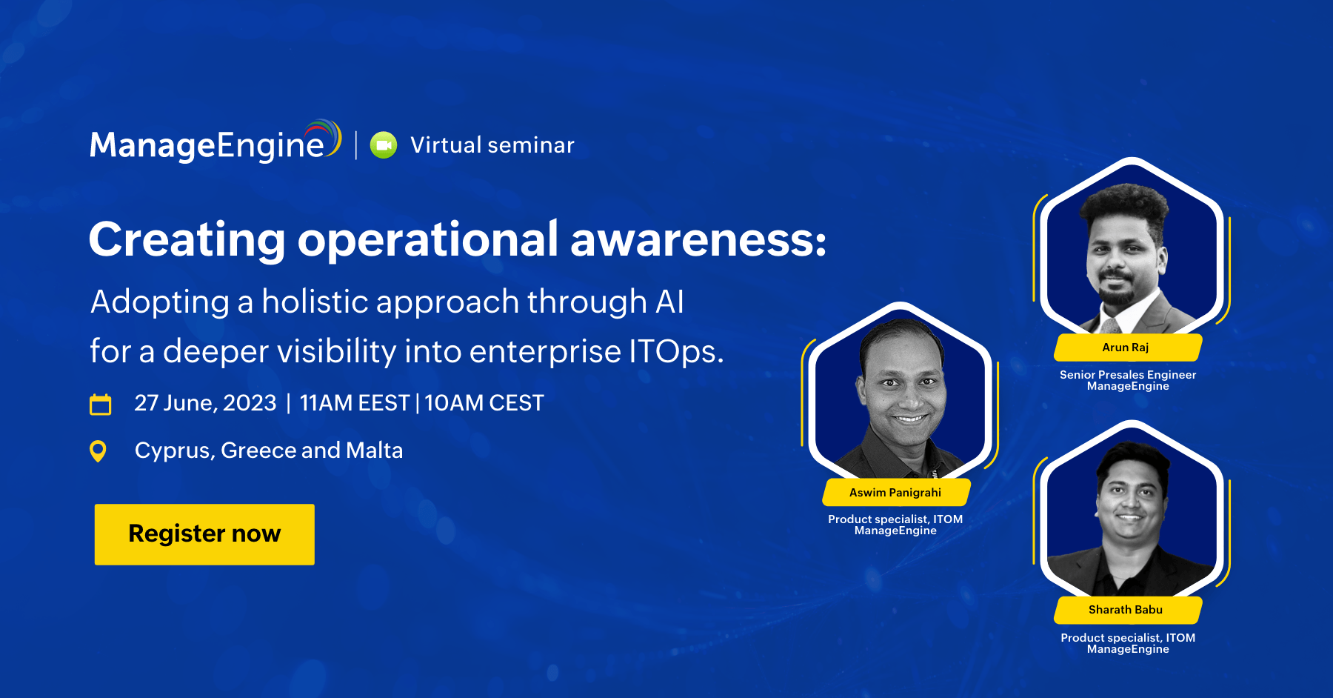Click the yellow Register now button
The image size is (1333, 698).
[204, 534]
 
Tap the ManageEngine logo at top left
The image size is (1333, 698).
[216, 142]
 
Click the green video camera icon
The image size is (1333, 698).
[384, 145]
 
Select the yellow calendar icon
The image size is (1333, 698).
[100, 404]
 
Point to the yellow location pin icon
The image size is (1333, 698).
[98, 451]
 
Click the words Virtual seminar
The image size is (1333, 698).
[492, 145]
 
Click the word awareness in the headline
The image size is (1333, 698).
[698, 239]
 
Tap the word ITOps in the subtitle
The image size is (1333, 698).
[675, 351]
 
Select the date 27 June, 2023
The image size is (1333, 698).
[205, 403]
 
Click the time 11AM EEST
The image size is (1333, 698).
[355, 403]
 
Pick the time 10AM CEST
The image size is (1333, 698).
[484, 403]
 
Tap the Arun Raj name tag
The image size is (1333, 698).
[1126, 348]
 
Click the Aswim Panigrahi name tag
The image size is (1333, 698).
[896, 493]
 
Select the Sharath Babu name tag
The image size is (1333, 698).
[1126, 610]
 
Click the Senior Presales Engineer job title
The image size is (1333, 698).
[1128, 375]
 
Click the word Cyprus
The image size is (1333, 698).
[175, 451]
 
